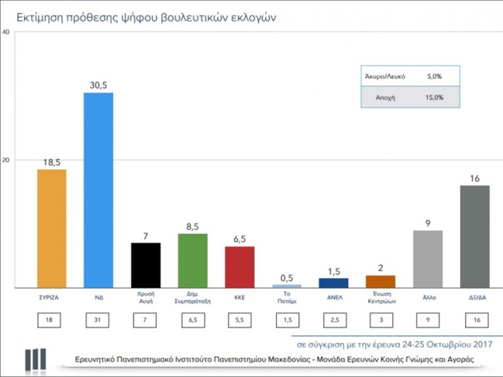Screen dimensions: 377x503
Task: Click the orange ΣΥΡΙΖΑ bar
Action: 51,228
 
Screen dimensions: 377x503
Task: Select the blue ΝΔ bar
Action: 98,190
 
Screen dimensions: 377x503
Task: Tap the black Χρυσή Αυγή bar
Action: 145,265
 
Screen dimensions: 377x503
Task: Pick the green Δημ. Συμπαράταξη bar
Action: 193,260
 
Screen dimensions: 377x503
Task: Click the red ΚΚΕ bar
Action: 239,267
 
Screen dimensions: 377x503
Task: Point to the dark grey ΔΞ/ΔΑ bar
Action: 474,236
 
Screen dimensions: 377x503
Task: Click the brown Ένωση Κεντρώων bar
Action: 380,281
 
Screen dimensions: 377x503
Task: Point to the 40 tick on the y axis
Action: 5,32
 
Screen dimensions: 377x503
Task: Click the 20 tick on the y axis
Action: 5,160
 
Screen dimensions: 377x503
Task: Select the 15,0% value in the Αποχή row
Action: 433,97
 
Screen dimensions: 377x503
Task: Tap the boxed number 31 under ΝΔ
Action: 98,319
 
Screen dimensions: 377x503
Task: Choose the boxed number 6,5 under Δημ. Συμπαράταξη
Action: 193,319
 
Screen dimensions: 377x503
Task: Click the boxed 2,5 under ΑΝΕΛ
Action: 334,319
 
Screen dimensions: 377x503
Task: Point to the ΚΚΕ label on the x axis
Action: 239,298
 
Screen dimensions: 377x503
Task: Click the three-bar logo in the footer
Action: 35,359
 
